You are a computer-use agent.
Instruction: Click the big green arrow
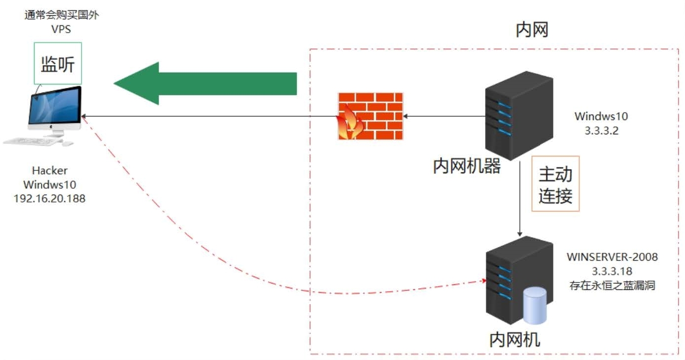coord(207,83)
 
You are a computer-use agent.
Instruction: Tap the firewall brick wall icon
coord(369,116)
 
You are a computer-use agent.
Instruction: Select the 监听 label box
coord(58,63)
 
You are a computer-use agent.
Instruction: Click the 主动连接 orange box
coord(555,184)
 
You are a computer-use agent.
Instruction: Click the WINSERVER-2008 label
coord(612,257)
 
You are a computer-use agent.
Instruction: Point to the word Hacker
coord(49,171)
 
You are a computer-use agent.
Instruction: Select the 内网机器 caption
coord(467,166)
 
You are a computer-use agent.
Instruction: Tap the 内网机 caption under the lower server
coord(515,340)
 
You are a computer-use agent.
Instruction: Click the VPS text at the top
coord(61,29)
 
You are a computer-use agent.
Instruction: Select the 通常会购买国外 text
coord(61,15)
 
